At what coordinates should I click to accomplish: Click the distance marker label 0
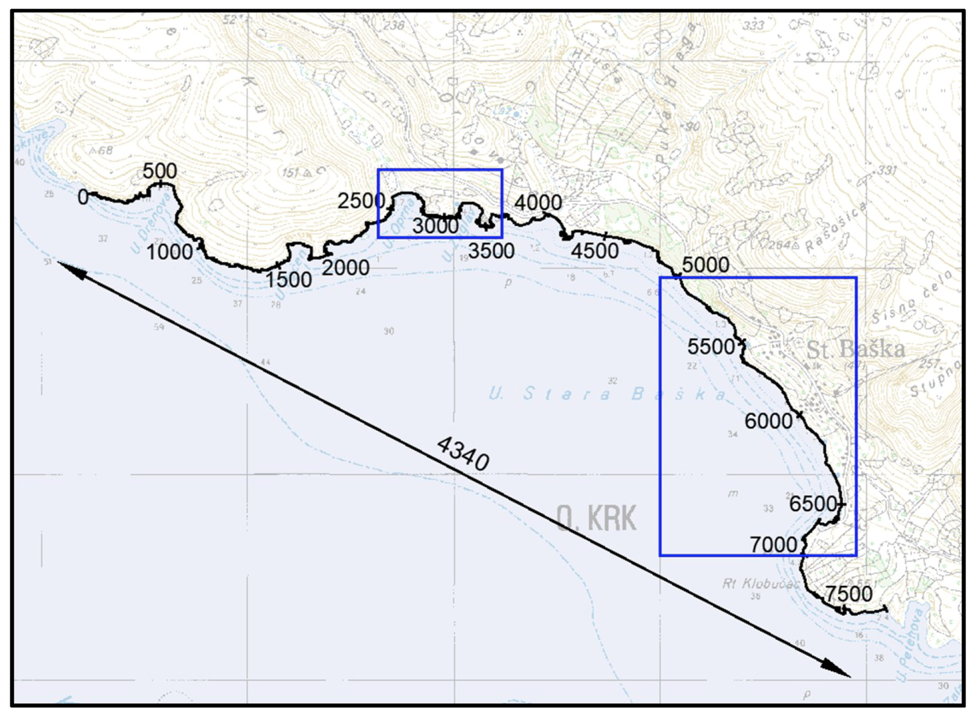coord(83,197)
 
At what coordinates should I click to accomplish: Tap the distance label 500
coord(159,171)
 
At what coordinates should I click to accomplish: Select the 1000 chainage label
coord(169,252)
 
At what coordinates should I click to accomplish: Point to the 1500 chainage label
coord(289,279)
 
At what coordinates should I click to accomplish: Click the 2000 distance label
coord(345,267)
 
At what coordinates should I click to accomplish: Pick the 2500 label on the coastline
coord(361,201)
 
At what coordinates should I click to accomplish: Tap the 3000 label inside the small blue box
coord(435,226)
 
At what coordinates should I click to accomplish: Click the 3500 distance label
coord(491,251)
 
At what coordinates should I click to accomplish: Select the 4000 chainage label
coord(538,203)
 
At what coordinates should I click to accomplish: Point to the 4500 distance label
coord(595,251)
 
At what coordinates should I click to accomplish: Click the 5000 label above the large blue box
coord(706,265)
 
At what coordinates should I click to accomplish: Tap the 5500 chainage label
coord(711,347)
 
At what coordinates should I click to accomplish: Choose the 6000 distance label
coord(768,422)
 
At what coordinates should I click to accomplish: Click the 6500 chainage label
coord(813,504)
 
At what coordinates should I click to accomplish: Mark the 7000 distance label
coord(773,544)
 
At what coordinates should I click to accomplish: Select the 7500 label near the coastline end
coord(848,594)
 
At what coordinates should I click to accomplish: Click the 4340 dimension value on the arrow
coord(463,453)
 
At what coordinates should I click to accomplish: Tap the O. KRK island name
coord(597,519)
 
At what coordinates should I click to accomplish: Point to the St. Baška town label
coord(855,349)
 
